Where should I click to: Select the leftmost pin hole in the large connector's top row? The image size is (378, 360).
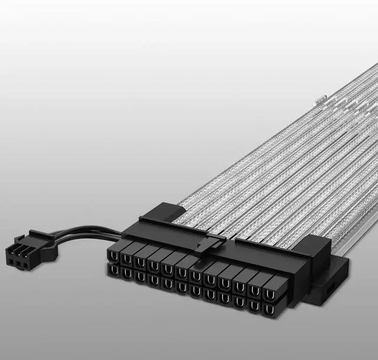(x=113, y=255)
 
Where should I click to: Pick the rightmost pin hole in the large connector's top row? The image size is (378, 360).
(x=271, y=291)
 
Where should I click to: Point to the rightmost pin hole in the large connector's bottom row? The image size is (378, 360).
(x=269, y=309)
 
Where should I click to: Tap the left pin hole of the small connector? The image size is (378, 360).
(x=10, y=258)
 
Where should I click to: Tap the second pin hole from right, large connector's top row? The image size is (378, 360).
(x=255, y=288)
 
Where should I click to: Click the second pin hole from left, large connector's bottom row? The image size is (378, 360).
(x=125, y=274)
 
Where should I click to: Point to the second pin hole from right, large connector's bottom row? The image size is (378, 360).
(x=254, y=305)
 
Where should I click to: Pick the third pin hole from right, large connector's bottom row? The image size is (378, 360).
(x=239, y=301)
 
